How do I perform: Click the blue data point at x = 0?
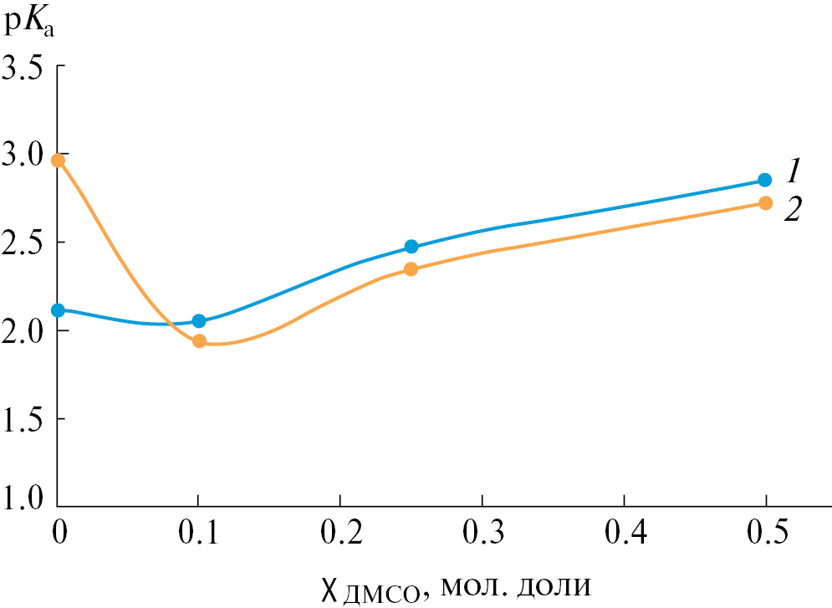(x=58, y=310)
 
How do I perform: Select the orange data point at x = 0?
(x=58, y=161)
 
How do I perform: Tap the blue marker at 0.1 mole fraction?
(x=199, y=321)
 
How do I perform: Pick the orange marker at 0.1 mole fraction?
(x=199, y=340)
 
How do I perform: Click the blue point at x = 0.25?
(x=411, y=247)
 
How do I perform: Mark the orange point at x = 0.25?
(x=411, y=269)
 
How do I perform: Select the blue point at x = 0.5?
(x=764, y=180)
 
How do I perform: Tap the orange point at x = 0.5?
(x=764, y=203)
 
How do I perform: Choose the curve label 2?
(x=793, y=209)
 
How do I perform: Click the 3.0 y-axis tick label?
(x=23, y=156)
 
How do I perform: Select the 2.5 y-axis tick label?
(x=23, y=243)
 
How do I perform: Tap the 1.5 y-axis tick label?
(x=23, y=419)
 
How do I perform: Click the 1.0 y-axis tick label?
(x=23, y=499)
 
